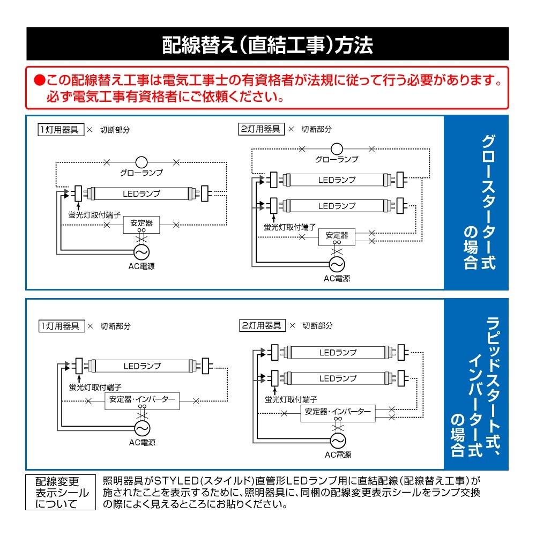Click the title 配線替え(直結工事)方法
[x=267, y=46]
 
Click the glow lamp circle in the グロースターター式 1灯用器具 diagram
[x=141, y=161]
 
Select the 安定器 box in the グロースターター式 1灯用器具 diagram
[x=141, y=223]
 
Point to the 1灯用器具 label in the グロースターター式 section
[x=61, y=130]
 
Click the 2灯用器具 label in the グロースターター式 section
[x=261, y=129]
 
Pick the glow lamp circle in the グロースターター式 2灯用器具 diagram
[x=337, y=148]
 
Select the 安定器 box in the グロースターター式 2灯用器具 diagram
[x=337, y=236]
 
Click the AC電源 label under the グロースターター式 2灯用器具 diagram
[x=337, y=278]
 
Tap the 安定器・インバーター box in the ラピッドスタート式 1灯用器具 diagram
[x=142, y=400]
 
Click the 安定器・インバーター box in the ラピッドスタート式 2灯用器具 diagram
[x=338, y=412]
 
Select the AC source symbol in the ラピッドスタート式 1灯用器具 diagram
[x=142, y=428]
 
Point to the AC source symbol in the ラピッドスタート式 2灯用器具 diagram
[x=338, y=440]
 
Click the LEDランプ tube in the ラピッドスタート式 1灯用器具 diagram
[x=142, y=366]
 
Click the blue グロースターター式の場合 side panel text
[x=478, y=202]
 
